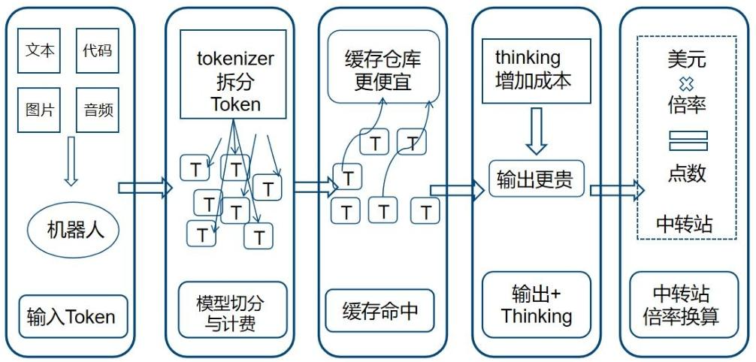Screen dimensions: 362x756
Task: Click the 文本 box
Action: tap(40, 51)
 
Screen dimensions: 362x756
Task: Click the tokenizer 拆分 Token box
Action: tap(233, 74)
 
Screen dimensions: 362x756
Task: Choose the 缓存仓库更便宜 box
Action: tap(383, 67)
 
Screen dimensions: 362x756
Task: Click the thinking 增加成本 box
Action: tap(534, 68)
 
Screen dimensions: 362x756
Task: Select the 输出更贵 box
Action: tap(536, 179)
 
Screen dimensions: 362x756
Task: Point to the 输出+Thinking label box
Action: tap(536, 306)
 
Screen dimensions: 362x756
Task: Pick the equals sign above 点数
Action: tap(688, 140)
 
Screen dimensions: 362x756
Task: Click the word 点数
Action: tap(687, 173)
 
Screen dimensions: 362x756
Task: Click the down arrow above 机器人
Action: tap(71, 161)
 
